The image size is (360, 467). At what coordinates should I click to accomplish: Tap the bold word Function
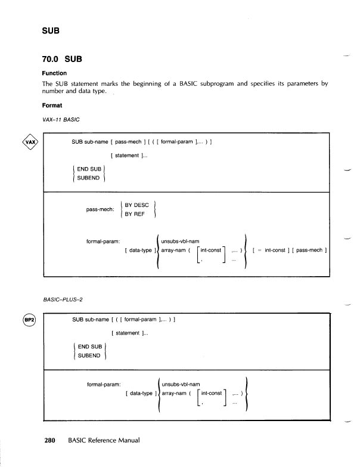(x=54, y=73)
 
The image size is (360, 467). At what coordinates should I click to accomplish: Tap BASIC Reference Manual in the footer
(x=104, y=440)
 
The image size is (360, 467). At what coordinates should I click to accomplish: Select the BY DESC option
(x=136, y=205)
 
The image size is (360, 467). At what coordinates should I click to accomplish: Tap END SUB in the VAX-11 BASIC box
(x=88, y=169)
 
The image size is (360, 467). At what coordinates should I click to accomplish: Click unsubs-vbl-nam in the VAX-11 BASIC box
(x=181, y=242)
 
